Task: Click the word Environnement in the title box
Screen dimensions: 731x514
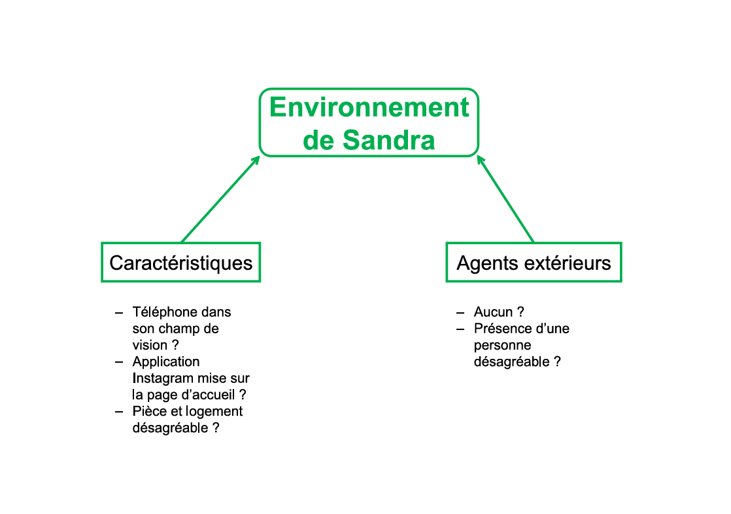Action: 369,107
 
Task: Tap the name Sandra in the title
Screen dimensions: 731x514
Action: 389,140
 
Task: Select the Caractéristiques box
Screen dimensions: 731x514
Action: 181,263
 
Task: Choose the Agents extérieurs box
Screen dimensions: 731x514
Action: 534,263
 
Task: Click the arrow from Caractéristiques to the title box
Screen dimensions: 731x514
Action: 220,199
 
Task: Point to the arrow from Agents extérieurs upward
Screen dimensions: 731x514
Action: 505,199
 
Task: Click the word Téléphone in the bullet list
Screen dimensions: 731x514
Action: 163,312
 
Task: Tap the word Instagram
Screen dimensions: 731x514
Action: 161,378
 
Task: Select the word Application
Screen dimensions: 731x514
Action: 166,362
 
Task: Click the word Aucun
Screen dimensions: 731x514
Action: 493,312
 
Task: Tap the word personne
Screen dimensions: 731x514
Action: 503,346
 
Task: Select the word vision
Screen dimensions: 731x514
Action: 150,345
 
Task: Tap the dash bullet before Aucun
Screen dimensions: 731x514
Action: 460,312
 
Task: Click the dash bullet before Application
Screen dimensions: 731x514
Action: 119,362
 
